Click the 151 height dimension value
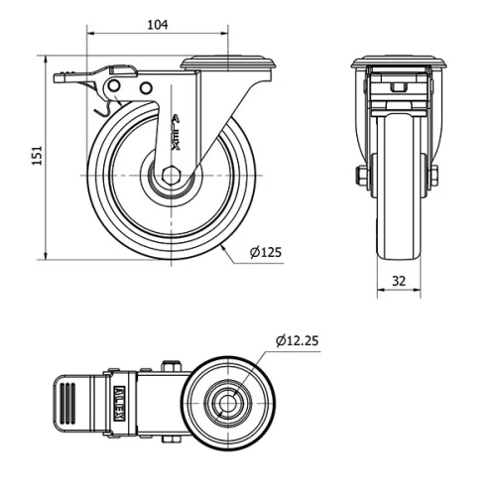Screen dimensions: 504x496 coord(37,157)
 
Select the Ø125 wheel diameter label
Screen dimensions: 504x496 coord(266,252)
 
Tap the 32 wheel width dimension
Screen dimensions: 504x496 coord(399,281)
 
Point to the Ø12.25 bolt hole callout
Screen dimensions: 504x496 coord(297,340)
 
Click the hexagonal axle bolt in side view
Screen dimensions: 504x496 coord(171,176)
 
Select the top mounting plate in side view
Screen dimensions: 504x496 coord(227,63)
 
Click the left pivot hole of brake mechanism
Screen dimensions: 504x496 coord(115,89)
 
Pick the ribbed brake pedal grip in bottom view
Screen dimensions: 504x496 coord(67,404)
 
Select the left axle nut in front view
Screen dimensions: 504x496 coord(360,177)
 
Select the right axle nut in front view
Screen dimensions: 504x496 coord(434,177)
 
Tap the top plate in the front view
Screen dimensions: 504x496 coord(398,62)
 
